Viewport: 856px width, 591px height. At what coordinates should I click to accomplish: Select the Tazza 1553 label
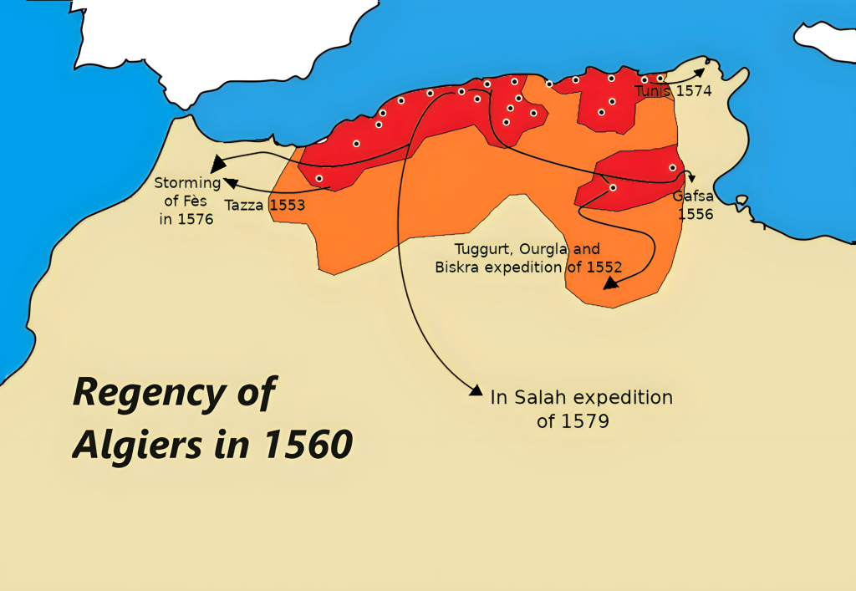(265, 204)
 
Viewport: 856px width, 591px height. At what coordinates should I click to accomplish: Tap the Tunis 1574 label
(673, 91)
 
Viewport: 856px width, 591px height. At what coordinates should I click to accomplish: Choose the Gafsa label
(694, 197)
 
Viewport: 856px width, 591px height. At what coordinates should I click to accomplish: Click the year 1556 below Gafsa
(695, 214)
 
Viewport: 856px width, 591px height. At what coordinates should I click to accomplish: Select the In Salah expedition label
(582, 398)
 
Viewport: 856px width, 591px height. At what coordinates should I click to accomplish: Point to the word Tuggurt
(484, 249)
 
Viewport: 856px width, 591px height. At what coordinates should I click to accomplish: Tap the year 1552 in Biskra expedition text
(603, 267)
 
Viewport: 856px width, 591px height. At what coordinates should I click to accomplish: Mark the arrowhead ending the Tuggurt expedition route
(610, 283)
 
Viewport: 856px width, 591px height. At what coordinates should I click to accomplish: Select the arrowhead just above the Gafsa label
(691, 176)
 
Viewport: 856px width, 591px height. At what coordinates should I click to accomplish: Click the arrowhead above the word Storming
(217, 164)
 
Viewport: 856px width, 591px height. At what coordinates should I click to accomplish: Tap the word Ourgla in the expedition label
(550, 249)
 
